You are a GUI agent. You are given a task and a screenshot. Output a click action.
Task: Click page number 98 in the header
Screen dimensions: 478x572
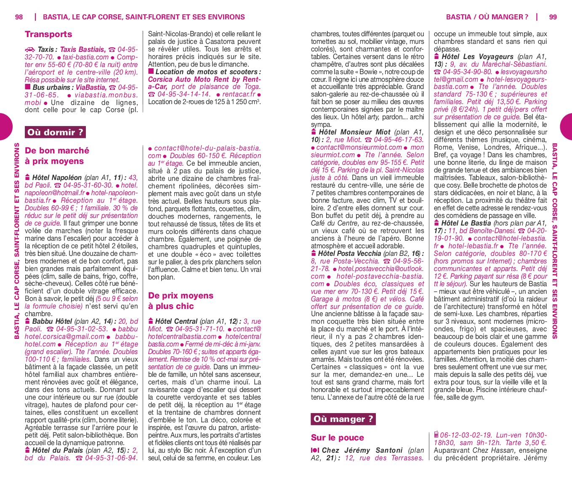pos(19,17)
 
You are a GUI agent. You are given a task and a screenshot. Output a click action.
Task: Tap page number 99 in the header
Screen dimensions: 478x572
pos(553,17)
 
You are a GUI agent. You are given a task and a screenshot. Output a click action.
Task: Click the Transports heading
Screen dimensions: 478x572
pos(48,34)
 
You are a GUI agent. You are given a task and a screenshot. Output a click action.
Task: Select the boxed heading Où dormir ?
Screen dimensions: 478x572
pos(55,132)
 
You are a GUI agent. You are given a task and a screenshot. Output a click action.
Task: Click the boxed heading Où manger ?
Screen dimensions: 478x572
pos(343,419)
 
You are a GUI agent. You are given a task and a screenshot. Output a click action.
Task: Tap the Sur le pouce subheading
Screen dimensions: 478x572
pos(337,438)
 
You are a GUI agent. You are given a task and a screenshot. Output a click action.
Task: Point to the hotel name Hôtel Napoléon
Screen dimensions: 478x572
pos(57,177)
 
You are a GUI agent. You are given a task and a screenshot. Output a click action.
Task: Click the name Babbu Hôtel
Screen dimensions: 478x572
pos(52,321)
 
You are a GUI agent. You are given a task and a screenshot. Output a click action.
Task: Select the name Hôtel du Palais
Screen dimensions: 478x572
pos(58,450)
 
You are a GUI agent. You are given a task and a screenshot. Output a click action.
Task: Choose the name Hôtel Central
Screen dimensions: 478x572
pos(176,321)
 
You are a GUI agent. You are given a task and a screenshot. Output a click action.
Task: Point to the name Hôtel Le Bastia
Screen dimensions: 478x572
pos(466,223)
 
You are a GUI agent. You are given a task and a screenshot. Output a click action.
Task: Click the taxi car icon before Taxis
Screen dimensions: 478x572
pos(30,50)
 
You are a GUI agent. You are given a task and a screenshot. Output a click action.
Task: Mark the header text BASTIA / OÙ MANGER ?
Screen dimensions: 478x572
pos(487,17)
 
